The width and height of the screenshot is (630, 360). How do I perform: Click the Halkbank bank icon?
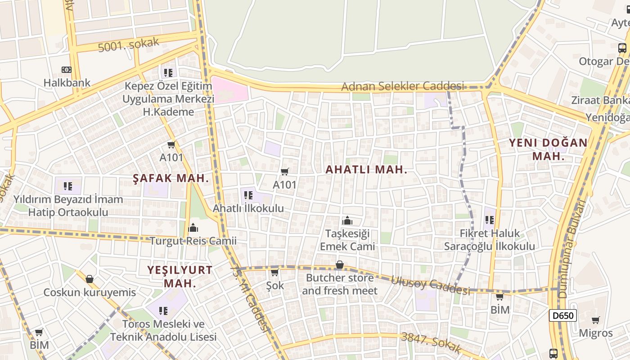point(66,70)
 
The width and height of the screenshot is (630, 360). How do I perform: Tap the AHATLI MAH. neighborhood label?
point(366,170)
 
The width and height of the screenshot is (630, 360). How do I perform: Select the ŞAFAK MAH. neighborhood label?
point(171,178)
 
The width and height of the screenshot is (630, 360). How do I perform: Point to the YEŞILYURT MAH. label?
point(180,276)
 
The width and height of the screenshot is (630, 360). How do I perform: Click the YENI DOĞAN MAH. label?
point(548,149)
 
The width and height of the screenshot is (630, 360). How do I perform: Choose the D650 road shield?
point(562,315)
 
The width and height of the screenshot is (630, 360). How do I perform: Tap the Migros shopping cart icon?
point(596,320)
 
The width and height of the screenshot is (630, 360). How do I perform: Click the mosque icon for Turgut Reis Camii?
point(193,228)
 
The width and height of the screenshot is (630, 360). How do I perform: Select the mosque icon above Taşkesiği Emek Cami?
point(347,220)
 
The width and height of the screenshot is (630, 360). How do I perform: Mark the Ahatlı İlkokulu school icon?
point(248,195)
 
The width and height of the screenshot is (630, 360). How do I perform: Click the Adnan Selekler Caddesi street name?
point(402,86)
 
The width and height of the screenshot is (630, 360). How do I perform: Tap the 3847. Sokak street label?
point(431,342)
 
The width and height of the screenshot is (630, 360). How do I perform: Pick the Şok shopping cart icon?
point(274,273)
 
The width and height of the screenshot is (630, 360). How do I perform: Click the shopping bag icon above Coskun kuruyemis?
point(90,279)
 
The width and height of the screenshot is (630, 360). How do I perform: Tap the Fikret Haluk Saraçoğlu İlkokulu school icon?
point(490,220)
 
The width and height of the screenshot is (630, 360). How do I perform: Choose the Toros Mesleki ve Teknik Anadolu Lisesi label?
point(163,330)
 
